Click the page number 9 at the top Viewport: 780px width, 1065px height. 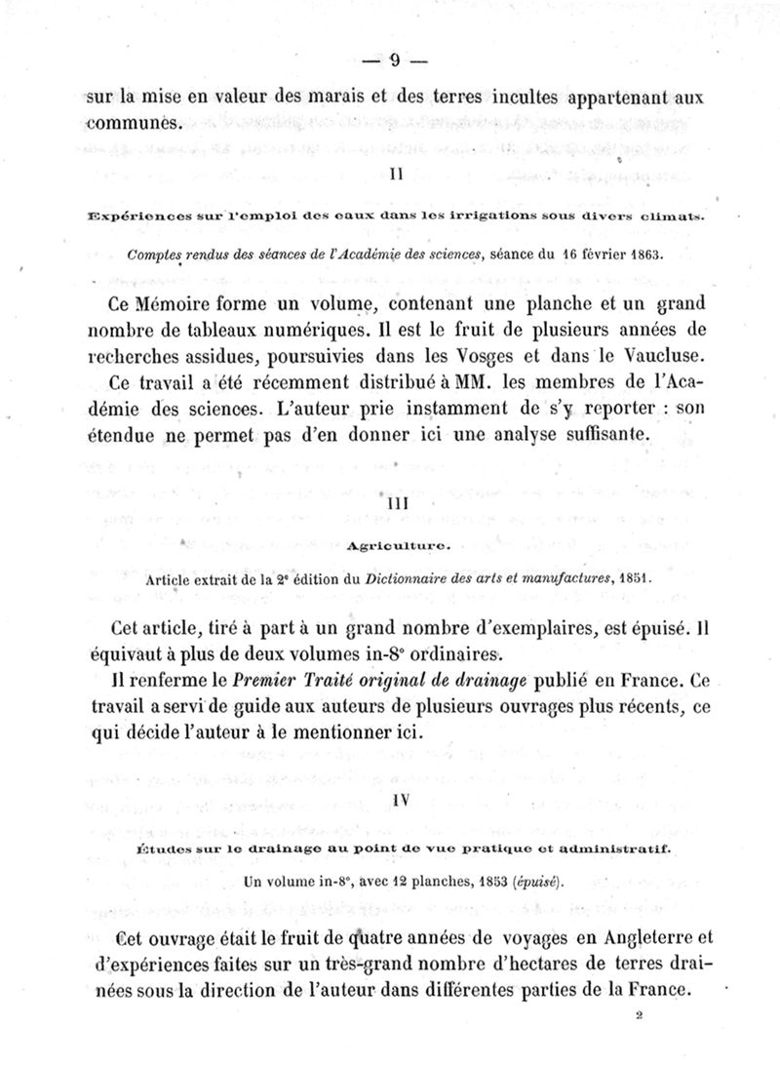click(395, 60)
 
